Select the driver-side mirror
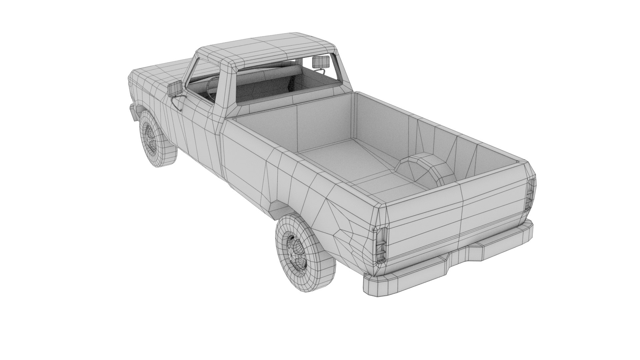(175, 88)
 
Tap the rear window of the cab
(287, 80)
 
